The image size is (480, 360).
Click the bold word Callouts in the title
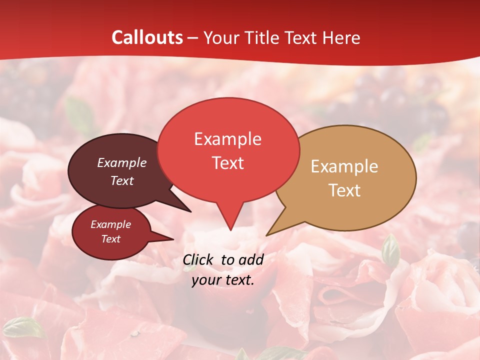pos(147,37)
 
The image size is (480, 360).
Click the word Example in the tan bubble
pos(344,166)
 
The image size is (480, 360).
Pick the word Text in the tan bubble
pos(344,190)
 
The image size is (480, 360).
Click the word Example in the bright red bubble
pos(227,139)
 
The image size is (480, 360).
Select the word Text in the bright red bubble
pos(227,163)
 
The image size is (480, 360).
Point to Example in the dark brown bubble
pos(122,162)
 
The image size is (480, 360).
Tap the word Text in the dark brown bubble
pos(122,180)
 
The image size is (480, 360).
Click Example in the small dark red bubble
pos(110,224)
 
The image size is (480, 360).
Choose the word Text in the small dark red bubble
pos(110,239)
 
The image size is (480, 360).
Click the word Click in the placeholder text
pos(198,259)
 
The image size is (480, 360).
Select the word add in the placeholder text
pos(251,259)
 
